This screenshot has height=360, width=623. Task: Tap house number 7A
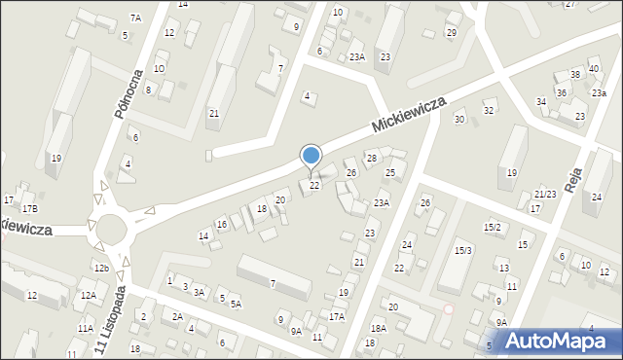pos(135,18)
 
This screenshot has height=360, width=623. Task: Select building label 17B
pos(30,209)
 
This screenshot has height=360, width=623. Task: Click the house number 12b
pos(101,268)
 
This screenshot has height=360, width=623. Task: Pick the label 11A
pos(86,329)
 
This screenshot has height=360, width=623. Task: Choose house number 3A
pos(199,292)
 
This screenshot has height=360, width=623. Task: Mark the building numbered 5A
pos(236,304)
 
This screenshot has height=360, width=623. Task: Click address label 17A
pos(337,316)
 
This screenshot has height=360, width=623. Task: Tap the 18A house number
pos(378,329)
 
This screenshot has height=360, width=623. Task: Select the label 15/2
pos(493,227)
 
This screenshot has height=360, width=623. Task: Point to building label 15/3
pos(462,251)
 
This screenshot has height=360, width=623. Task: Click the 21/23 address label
pos(545,195)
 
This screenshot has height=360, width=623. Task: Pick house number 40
pos(594,68)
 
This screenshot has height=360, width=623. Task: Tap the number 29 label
pos(451,33)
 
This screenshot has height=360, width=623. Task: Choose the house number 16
pos(222,225)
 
